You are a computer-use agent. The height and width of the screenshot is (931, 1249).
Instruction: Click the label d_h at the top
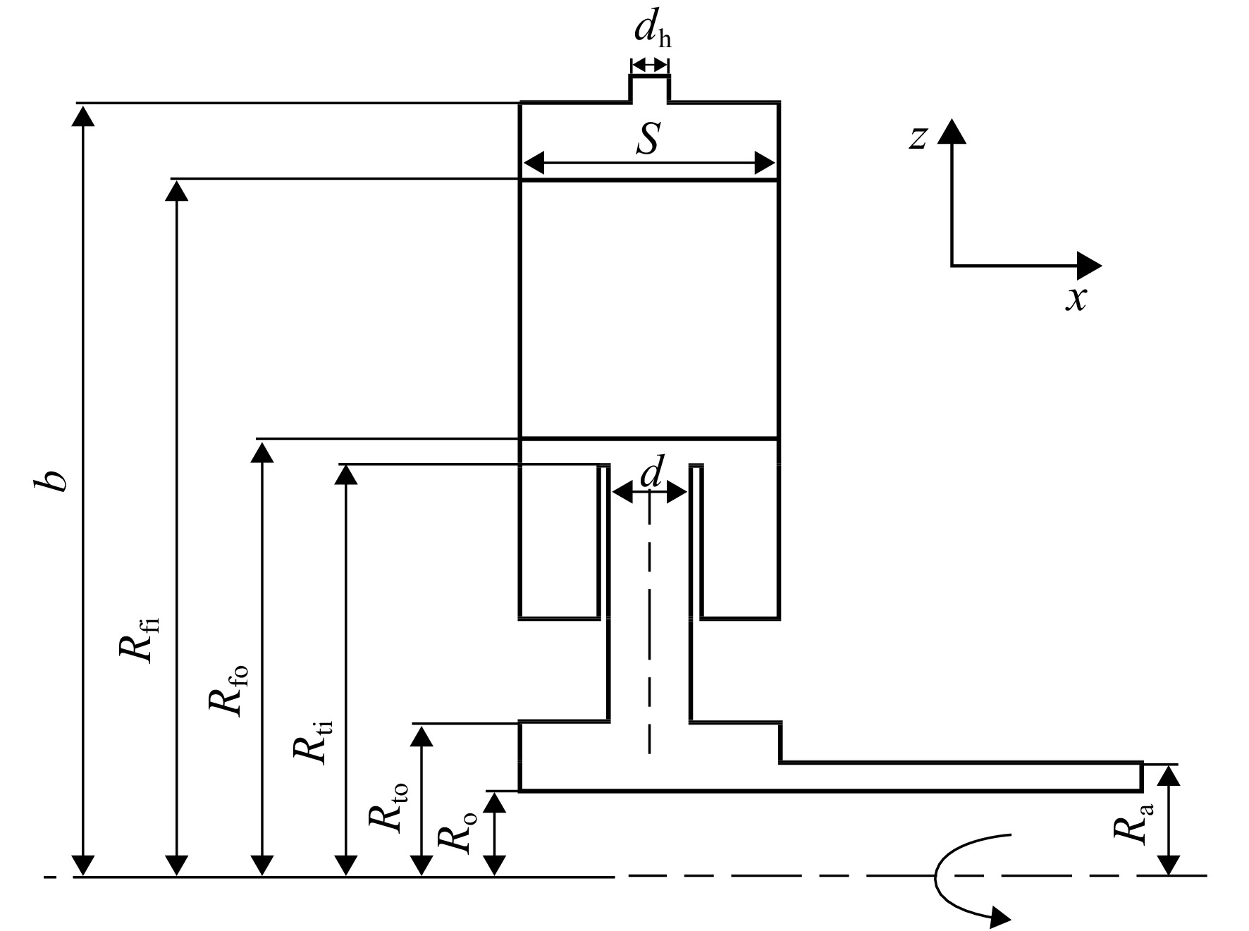[652, 32]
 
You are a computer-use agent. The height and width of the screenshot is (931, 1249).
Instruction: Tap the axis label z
[917, 137]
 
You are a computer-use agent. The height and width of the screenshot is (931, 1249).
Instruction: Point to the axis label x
[1076, 299]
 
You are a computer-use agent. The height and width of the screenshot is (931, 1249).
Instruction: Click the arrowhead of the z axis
[952, 131]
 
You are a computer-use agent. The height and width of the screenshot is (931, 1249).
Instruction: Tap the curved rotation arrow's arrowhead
[999, 917]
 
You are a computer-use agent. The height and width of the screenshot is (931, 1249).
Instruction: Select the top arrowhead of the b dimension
[83, 116]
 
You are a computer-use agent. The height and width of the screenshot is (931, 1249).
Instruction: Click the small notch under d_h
[649, 88]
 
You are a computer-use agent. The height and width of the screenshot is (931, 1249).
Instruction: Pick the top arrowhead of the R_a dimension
[1169, 776]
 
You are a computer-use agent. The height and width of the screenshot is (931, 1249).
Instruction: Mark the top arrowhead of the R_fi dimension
[176, 191]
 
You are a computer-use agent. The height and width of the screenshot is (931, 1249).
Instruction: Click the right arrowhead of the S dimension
[764, 164]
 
